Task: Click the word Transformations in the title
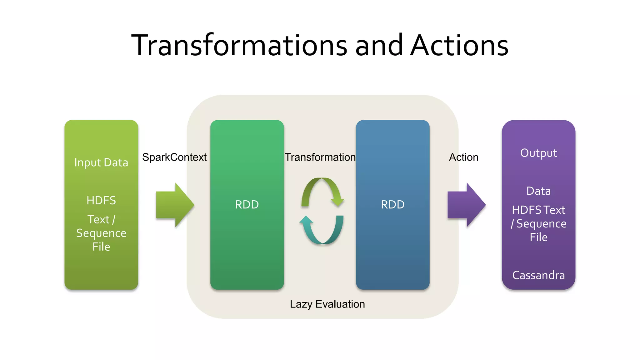[239, 46]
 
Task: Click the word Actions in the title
[459, 46]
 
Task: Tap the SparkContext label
[174, 157]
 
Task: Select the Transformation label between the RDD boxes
[320, 157]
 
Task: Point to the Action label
[463, 157]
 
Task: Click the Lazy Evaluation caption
[327, 304]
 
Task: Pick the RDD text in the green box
[247, 205]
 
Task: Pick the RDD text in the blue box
[392, 205]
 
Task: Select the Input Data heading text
[101, 162]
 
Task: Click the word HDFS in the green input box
[101, 200]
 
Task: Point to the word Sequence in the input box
[101, 233]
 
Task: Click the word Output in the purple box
[538, 153]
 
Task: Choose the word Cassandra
[538, 275]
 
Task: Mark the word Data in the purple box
[538, 191]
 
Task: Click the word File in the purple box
[538, 237]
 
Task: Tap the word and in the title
[379, 46]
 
